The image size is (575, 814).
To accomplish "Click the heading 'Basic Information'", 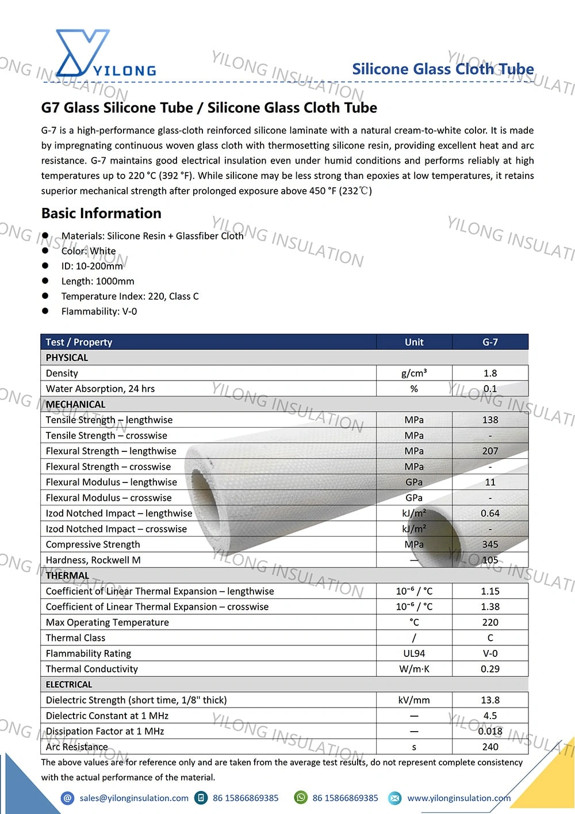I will point(101,214).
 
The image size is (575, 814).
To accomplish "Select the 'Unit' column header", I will point(414,342).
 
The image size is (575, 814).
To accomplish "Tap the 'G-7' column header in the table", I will point(490,342).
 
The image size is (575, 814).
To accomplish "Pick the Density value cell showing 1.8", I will point(490,373).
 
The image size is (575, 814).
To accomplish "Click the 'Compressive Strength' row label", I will point(93,544).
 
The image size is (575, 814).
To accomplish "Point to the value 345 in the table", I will point(490,544).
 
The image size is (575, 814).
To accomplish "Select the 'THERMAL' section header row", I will point(68,575).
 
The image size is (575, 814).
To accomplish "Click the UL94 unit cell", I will point(414,653).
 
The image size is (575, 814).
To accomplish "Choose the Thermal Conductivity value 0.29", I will point(490,669).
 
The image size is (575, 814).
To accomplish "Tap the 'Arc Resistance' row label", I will point(77,747).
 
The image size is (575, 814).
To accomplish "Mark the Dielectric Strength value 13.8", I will point(490,700).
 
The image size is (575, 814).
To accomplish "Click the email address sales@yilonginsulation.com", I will point(134,798).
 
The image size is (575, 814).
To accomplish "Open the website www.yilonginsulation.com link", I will point(459,798).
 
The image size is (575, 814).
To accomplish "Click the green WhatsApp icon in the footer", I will point(301,797).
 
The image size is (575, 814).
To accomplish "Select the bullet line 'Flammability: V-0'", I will point(99,311).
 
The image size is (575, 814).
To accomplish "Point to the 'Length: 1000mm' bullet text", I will point(98,282).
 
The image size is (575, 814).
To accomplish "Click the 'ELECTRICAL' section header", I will point(69,684).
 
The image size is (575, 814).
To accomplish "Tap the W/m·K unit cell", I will point(414,669).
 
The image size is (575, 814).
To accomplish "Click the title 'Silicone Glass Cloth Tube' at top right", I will point(443,69).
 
